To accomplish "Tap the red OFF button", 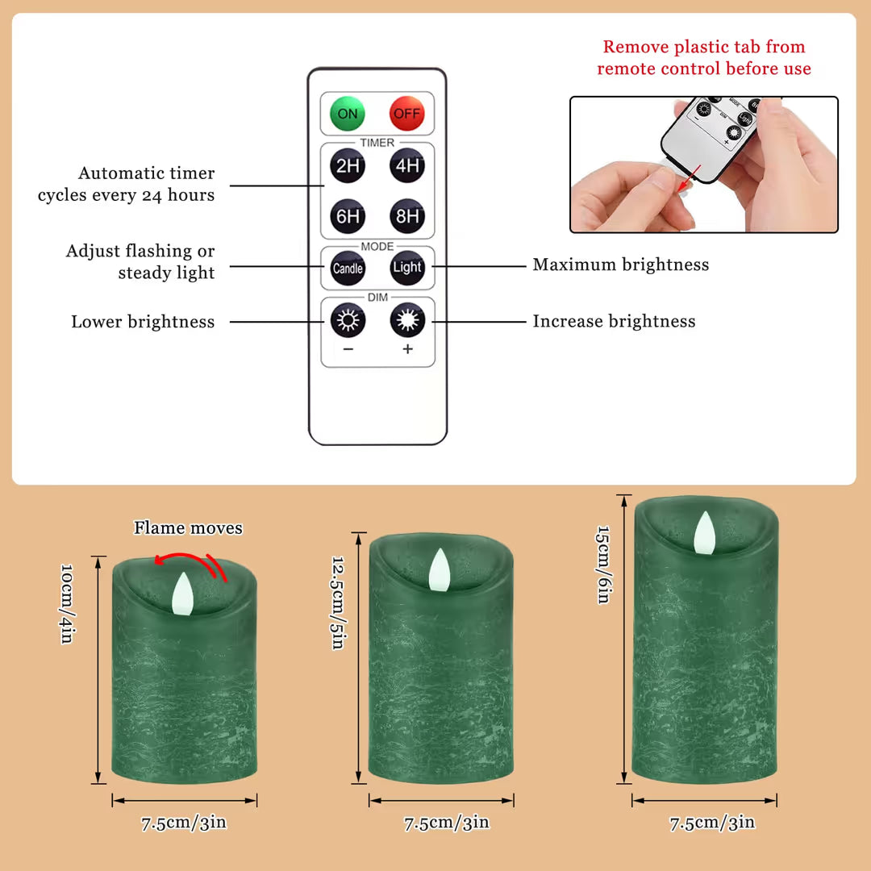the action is click(x=406, y=114).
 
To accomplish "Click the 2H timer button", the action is click(x=348, y=165).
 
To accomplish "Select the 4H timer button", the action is click(x=407, y=165).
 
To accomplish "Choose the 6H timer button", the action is click(x=348, y=216).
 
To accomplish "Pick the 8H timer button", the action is click(x=407, y=215).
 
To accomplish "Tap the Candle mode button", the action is click(x=348, y=269).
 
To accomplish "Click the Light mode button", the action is click(x=407, y=267).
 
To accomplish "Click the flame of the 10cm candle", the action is click(x=183, y=594).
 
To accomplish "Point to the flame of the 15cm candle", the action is click(x=704, y=533).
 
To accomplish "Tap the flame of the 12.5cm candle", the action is click(x=440, y=569).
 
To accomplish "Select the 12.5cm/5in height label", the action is click(x=338, y=602).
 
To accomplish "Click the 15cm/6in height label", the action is click(x=602, y=565).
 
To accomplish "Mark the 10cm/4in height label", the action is click(x=67, y=604).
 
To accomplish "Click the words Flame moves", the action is click(x=188, y=527).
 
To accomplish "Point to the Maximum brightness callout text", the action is click(x=621, y=265).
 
